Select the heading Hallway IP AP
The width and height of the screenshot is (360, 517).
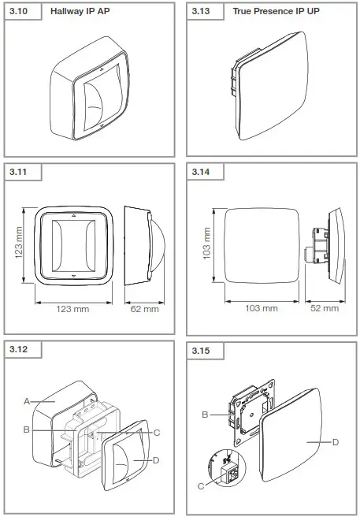coord(80,13)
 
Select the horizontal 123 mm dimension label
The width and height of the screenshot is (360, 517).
coord(71,309)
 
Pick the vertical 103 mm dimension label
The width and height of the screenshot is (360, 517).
coord(208,245)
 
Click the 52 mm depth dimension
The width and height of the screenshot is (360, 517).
coord(323,308)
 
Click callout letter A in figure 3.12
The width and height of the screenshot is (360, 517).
coord(27,401)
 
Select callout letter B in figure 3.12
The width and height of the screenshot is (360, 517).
coord(27,430)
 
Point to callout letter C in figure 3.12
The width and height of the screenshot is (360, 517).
coord(158,432)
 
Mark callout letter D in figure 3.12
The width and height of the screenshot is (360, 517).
coord(158,459)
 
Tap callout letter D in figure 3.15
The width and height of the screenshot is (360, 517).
coord(335,443)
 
